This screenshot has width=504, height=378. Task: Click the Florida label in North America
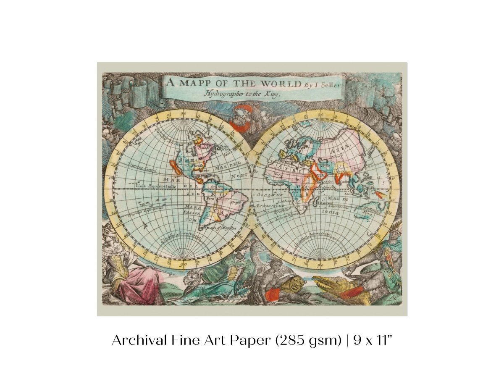click(197, 166)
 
